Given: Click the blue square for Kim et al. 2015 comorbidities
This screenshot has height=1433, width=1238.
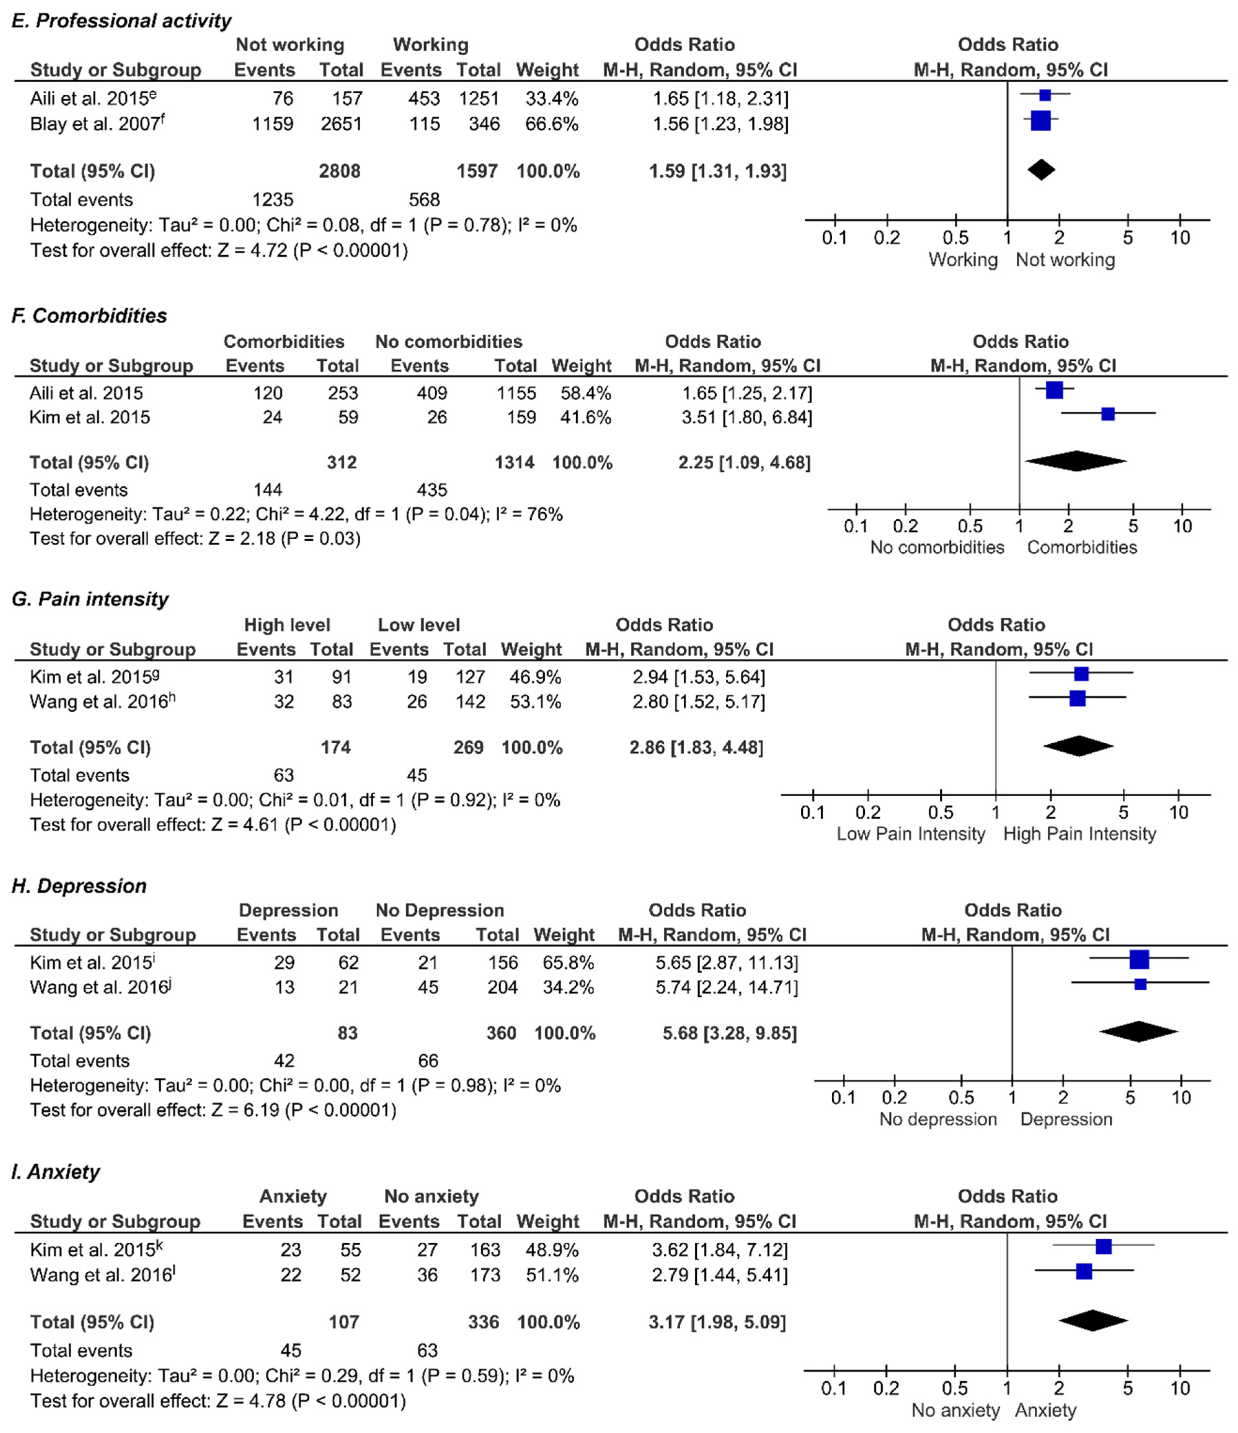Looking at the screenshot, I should coord(1107,414).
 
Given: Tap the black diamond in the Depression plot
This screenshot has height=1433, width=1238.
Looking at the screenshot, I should coord(1139,1031).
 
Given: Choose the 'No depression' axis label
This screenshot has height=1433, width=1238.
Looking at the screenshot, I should coord(938,1119).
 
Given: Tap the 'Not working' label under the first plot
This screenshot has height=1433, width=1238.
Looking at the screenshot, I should coord(1065,260).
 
